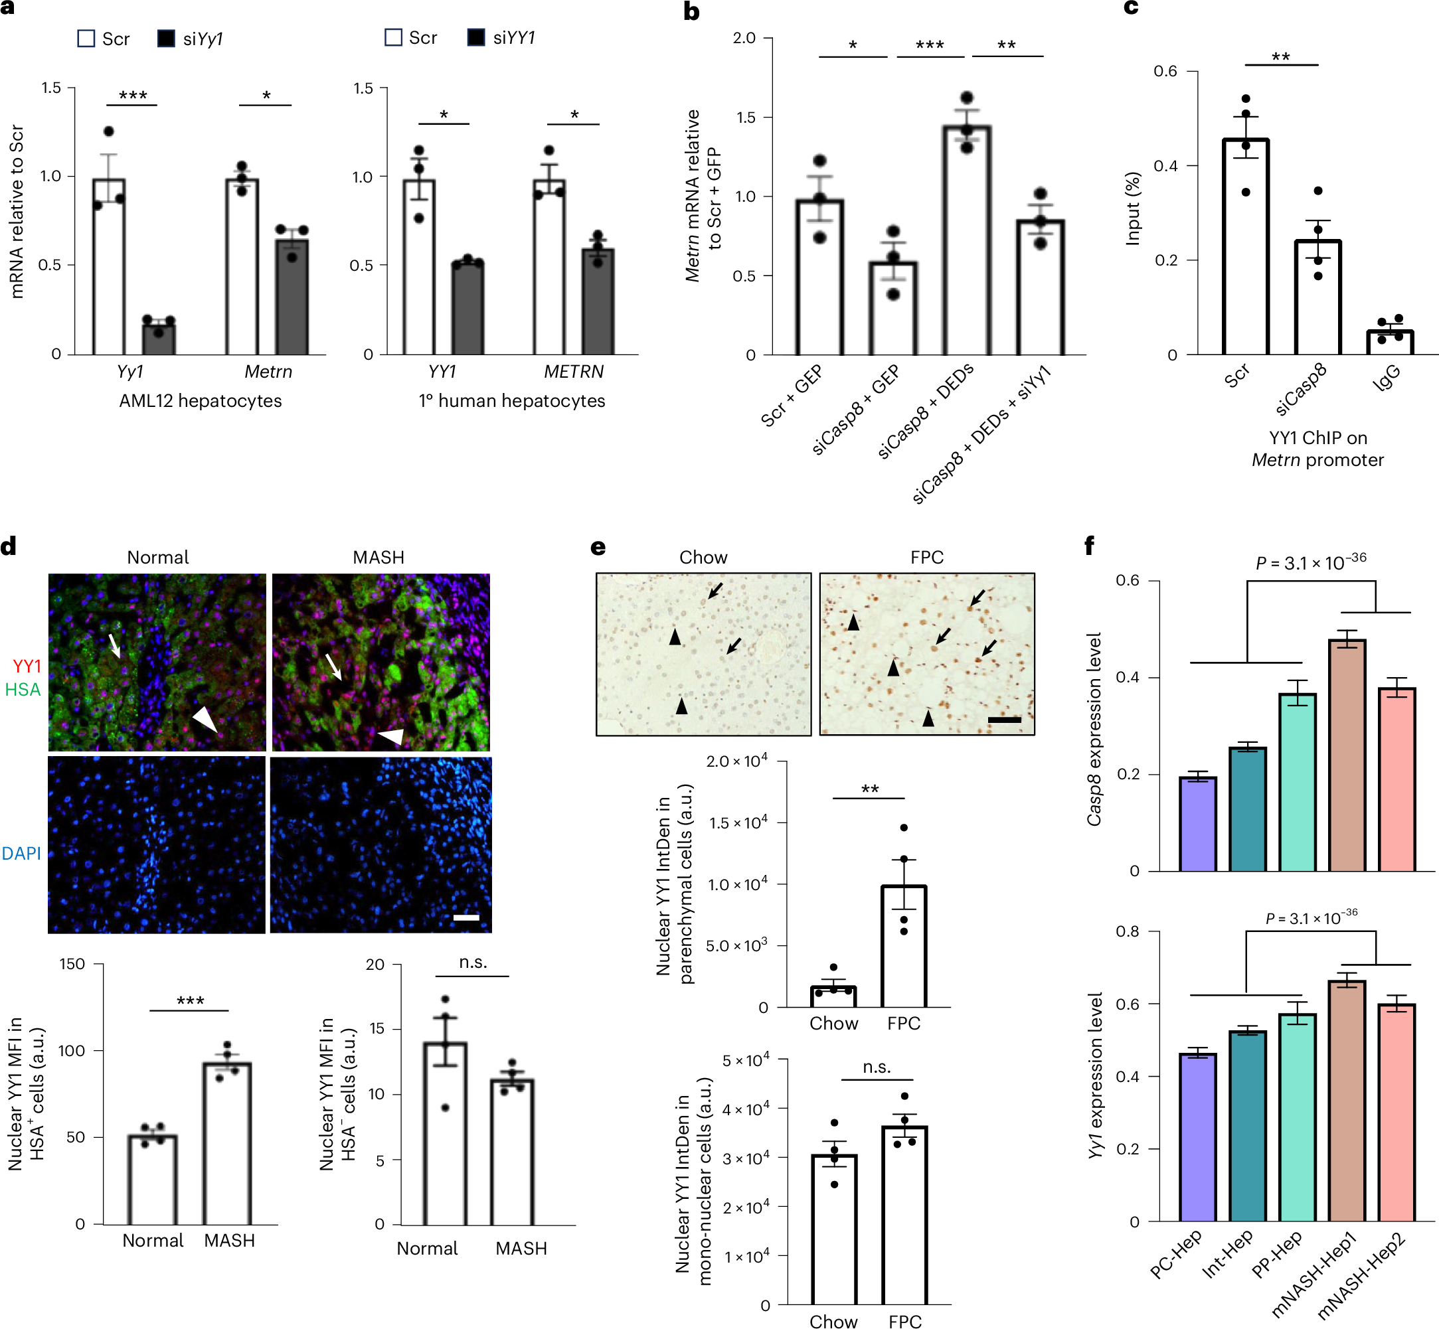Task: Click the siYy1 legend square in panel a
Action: (x=166, y=38)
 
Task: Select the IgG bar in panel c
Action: (x=1389, y=343)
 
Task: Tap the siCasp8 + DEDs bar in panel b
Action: (x=966, y=241)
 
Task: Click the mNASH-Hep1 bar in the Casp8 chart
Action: (x=1347, y=755)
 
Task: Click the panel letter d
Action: (x=9, y=546)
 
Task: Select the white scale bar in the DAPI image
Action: (x=466, y=917)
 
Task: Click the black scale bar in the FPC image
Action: (x=1005, y=720)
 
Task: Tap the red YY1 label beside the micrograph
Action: (x=27, y=666)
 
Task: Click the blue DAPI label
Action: (x=22, y=854)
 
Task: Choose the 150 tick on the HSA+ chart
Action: (x=72, y=965)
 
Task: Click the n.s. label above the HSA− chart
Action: (x=473, y=963)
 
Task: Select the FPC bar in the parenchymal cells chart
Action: (x=904, y=947)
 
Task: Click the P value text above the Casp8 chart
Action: (x=1310, y=562)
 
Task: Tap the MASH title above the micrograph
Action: (x=379, y=558)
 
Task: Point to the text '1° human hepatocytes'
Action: (x=511, y=400)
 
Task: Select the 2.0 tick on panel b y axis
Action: (x=744, y=38)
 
